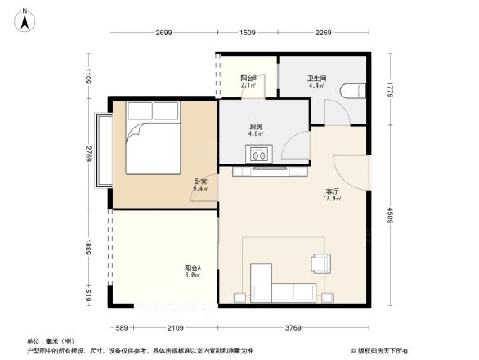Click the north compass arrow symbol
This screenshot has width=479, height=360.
click(26, 19)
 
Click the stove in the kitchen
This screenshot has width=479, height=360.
click(261, 153)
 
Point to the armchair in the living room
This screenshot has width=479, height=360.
click(321, 263)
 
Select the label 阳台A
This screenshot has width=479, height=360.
click(193, 268)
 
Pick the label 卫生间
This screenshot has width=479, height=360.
click(317, 78)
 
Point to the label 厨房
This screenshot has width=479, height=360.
click(256, 127)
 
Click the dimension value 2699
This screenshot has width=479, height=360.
click(163, 34)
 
